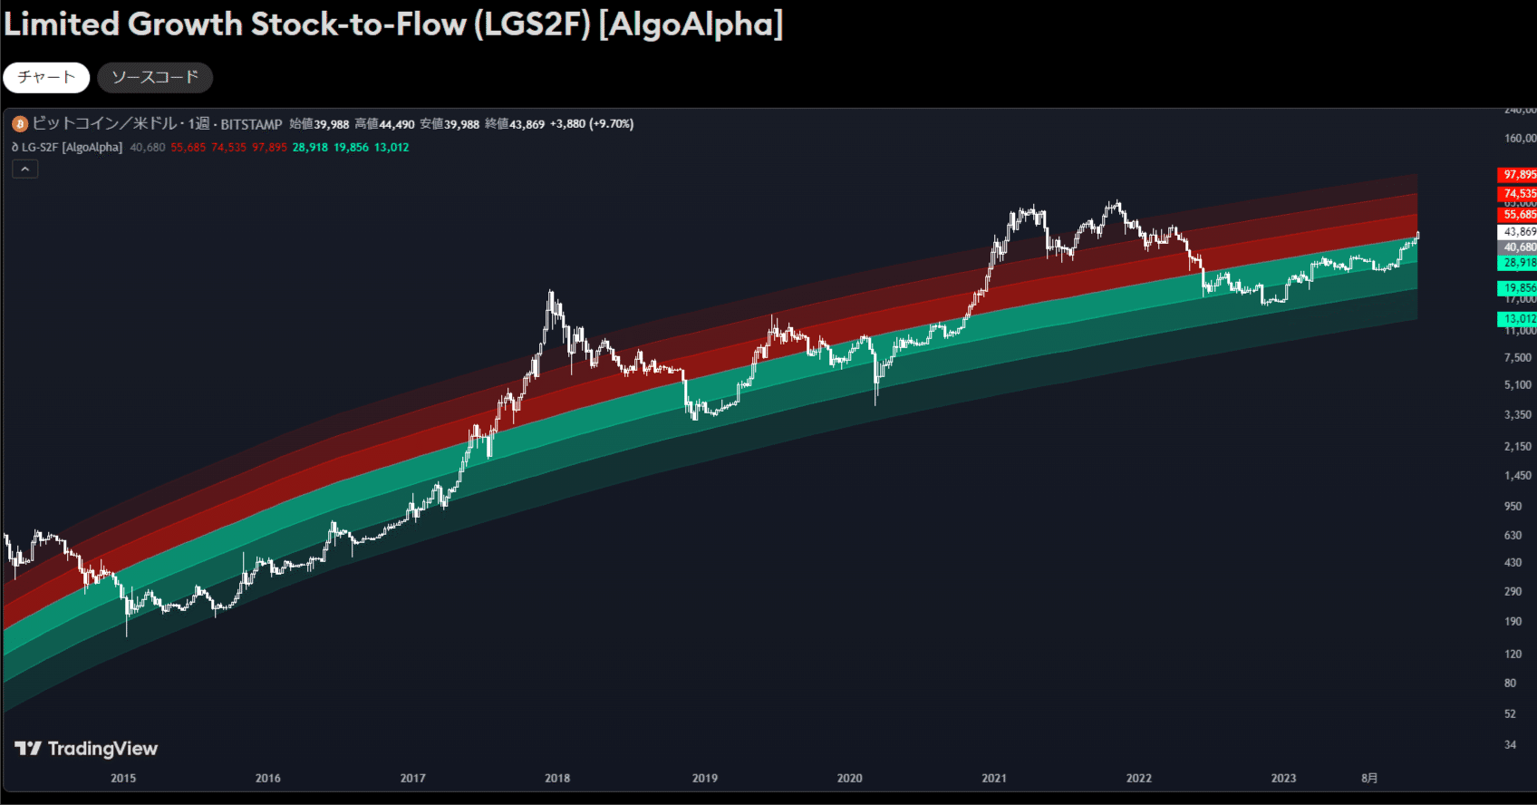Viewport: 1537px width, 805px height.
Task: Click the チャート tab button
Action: tap(46, 78)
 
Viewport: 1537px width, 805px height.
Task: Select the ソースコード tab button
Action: tap(155, 78)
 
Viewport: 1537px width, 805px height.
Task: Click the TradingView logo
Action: tap(86, 749)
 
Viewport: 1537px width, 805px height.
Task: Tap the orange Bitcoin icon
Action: tap(20, 124)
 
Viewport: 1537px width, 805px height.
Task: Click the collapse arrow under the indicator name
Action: tap(25, 169)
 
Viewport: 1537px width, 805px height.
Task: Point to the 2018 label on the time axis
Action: tap(557, 778)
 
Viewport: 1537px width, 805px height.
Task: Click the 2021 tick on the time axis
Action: tap(994, 778)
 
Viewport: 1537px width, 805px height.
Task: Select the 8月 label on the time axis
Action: tap(1369, 778)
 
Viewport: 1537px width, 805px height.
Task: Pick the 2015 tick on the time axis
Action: tap(123, 778)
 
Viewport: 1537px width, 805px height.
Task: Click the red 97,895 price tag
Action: tap(1518, 175)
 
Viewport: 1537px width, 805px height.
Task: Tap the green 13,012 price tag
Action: tap(1518, 319)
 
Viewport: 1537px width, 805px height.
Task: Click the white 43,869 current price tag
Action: tap(1518, 232)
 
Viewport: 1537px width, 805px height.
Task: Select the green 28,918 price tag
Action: tap(1518, 263)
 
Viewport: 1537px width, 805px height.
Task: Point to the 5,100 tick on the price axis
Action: tap(1518, 385)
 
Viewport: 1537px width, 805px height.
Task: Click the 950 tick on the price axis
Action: tap(1513, 506)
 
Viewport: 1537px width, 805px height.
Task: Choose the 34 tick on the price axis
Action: tap(1510, 744)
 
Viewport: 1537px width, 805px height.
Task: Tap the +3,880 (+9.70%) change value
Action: tap(592, 124)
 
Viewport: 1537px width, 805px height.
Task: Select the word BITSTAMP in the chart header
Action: tap(251, 124)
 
